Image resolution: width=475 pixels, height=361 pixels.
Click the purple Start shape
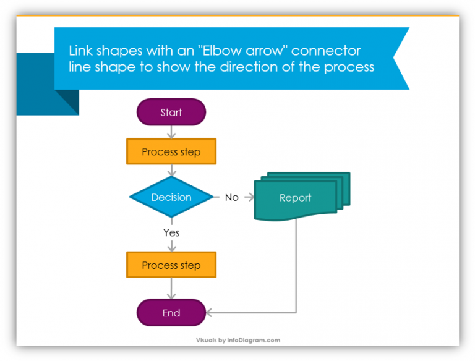pyautogui.click(x=171, y=113)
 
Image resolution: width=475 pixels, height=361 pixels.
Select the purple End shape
pyautogui.click(x=171, y=313)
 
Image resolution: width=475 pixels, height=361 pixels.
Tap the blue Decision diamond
pyautogui.click(x=171, y=197)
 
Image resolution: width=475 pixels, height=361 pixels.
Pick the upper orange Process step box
pyautogui.click(x=171, y=152)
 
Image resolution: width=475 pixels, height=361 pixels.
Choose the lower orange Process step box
pyautogui.click(x=171, y=265)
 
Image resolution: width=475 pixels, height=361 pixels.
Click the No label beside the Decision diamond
pyautogui.click(x=231, y=197)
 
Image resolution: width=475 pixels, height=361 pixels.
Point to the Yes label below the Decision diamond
pyautogui.click(x=171, y=232)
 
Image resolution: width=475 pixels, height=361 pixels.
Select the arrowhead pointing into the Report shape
pyautogui.click(x=250, y=197)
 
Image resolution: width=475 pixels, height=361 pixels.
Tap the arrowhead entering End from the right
pyautogui.click(x=210, y=312)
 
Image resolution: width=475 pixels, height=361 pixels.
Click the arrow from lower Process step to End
pyautogui.click(x=171, y=289)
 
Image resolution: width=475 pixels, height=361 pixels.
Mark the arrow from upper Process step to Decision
pyautogui.click(x=171, y=171)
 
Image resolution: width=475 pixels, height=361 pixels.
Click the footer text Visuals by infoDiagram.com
pyautogui.click(x=238, y=340)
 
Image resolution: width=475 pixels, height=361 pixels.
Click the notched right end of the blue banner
pyautogui.click(x=401, y=59)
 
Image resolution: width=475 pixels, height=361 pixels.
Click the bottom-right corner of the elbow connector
pyautogui.click(x=297, y=312)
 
